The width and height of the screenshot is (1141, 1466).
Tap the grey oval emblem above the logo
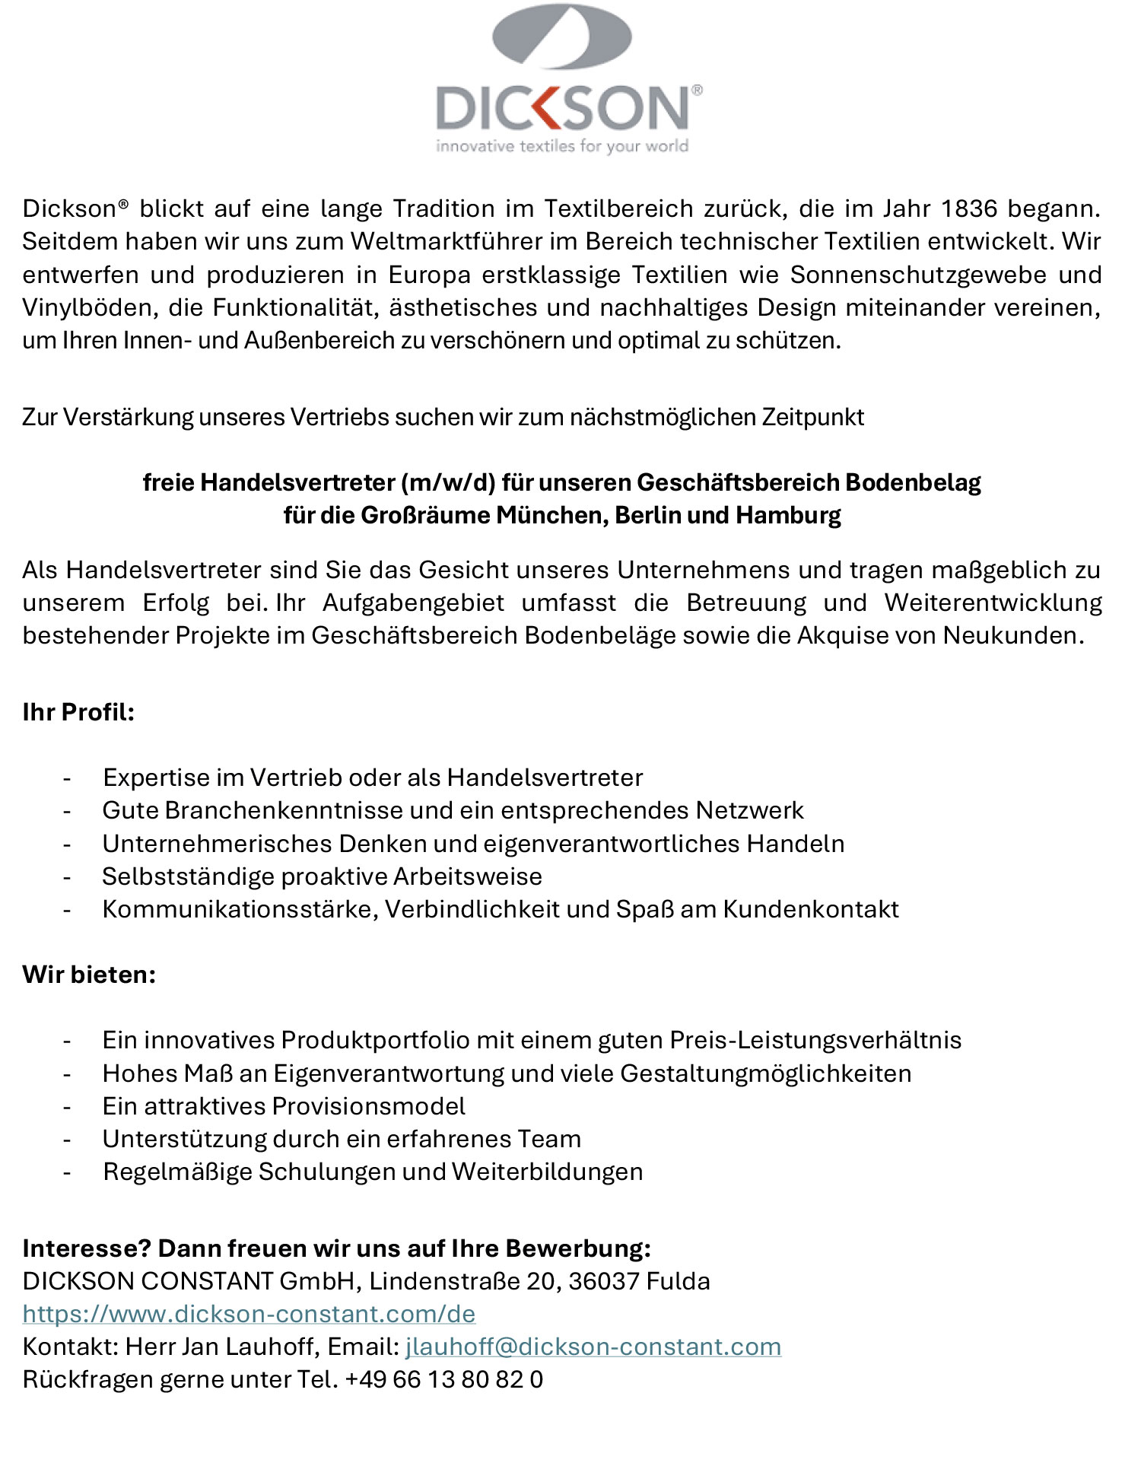[x=562, y=36]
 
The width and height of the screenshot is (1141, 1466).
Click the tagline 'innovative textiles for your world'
[x=562, y=146]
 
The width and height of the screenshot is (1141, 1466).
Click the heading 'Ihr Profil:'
[x=78, y=712]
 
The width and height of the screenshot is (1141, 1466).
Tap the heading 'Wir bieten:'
[x=89, y=975]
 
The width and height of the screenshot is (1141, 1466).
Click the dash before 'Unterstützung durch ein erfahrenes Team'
[x=67, y=1140]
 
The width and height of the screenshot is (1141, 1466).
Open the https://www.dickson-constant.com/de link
[x=249, y=1314]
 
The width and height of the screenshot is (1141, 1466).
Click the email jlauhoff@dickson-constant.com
[x=593, y=1347]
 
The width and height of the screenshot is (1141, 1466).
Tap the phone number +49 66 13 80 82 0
[x=443, y=1379]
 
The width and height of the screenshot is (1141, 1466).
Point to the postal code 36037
[x=603, y=1281]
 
